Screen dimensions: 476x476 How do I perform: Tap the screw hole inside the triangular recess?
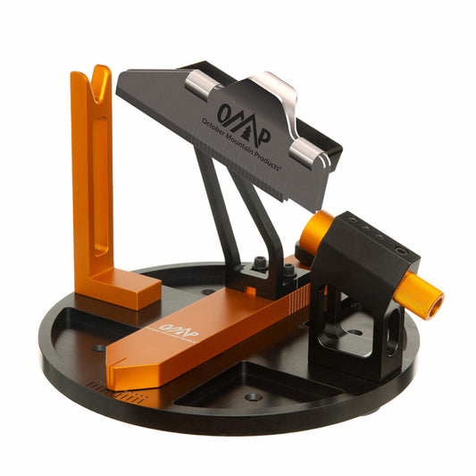click(254, 396)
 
